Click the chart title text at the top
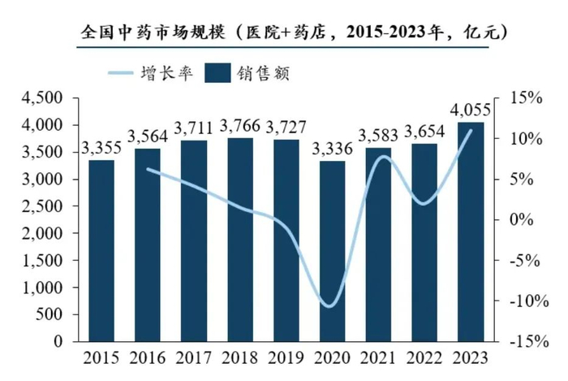tap(285, 33)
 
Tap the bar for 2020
tap(332, 251)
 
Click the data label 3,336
tap(332, 149)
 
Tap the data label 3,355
tap(101, 148)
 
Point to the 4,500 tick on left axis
tap(45, 98)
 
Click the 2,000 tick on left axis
tap(45, 233)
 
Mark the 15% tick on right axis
tap(525, 98)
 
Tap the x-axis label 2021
tap(379, 358)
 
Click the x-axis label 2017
tap(193, 358)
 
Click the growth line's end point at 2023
tap(471, 130)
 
